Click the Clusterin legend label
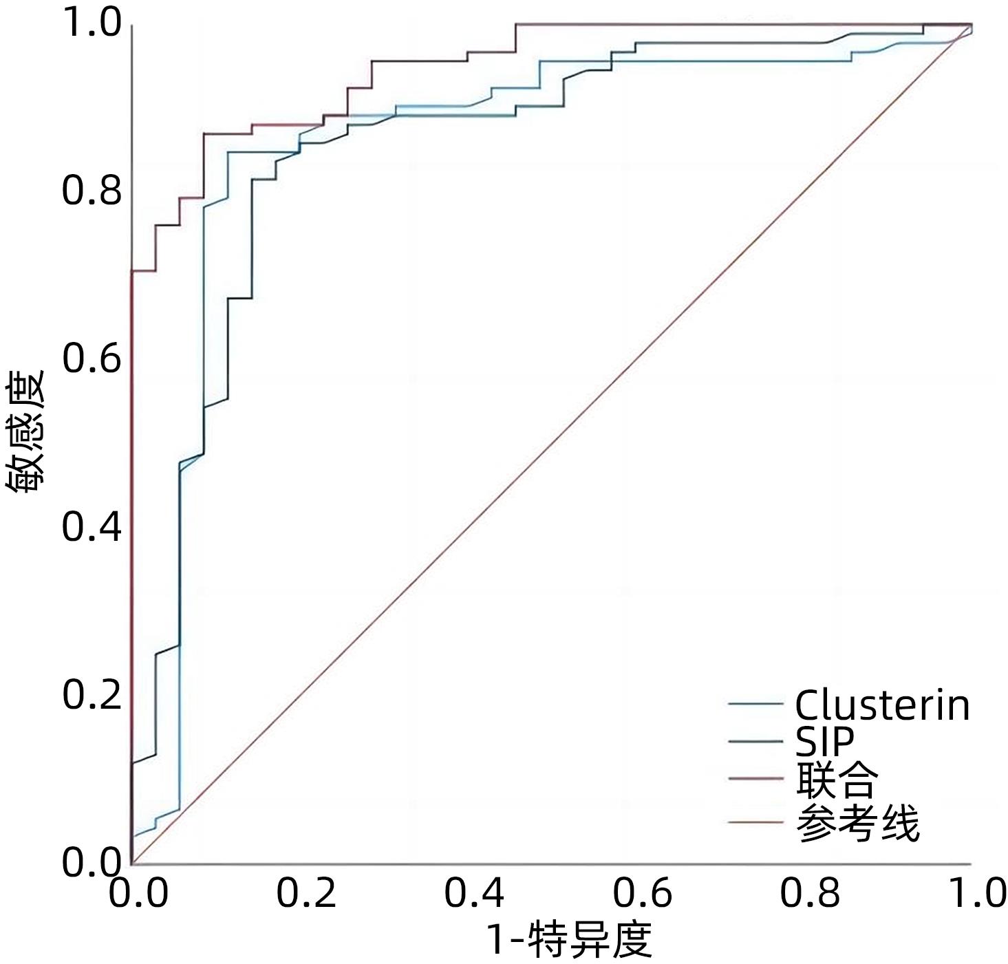tap(882, 705)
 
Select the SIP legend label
tap(824, 741)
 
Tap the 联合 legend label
tap(837, 780)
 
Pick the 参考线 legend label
tap(857, 822)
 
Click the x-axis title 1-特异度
tap(569, 940)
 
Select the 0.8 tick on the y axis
tap(92, 191)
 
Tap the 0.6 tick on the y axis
tap(92, 358)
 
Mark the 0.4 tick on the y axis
tap(92, 526)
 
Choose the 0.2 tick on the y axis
tap(92, 694)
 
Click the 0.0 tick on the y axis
tap(92, 862)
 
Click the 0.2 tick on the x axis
tap(306, 893)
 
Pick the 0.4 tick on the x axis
tap(474, 893)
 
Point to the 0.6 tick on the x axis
tap(642, 893)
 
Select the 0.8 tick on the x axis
tap(810, 893)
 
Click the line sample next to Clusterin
tap(755, 704)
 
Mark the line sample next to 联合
tap(755, 779)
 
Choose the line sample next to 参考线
tap(755, 822)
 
